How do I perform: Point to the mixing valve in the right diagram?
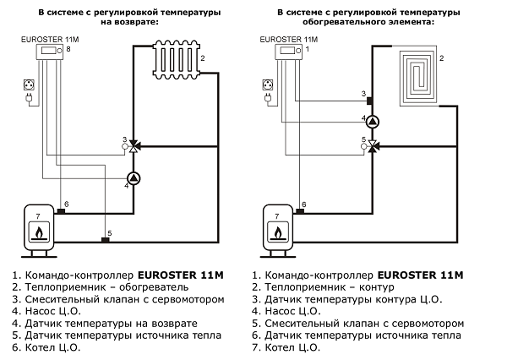[x=374, y=146]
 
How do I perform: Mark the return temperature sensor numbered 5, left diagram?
[x=105, y=240]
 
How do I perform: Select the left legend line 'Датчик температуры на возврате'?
[x=105, y=324]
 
